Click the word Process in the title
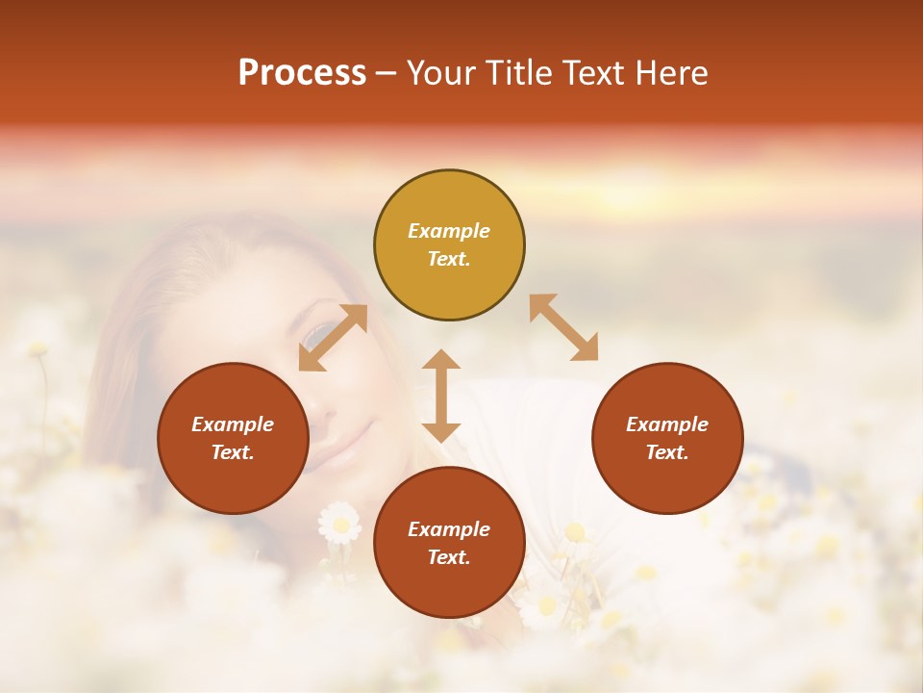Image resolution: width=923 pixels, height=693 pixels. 302,73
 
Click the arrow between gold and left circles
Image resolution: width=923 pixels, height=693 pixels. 333,338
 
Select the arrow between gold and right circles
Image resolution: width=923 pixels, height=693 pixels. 563,327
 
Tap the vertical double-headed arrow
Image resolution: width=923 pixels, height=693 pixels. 441,396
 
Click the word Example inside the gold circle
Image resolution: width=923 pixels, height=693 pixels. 449,231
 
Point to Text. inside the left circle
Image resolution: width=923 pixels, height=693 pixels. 233,453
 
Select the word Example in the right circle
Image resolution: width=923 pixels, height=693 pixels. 667,424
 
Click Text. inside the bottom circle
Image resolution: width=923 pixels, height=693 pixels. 449,558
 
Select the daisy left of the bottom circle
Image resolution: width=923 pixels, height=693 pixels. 339,523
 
